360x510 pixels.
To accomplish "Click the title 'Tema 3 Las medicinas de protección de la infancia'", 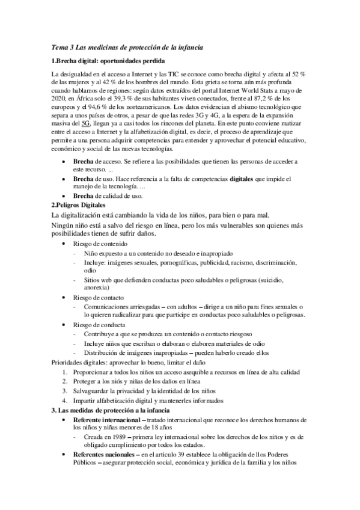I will coord(127,48).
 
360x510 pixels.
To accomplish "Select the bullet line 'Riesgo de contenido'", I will coord(102,243).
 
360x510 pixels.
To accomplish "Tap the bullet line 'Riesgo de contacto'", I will coord(99,298).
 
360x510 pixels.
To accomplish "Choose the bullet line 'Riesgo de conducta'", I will coord(99,325).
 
